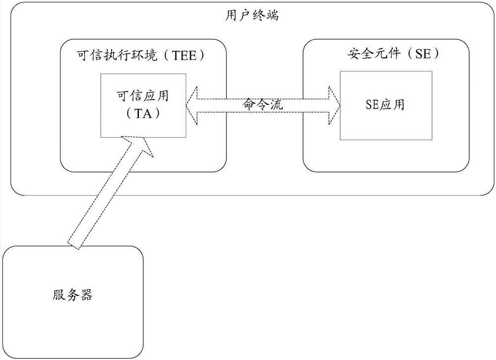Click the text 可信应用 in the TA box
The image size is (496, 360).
tap(142, 95)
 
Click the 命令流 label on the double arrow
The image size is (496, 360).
tap(262, 104)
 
